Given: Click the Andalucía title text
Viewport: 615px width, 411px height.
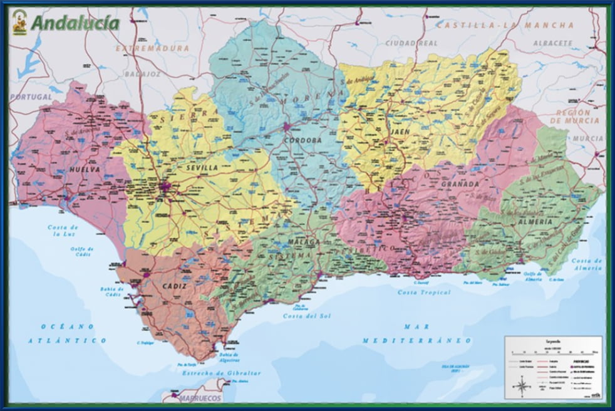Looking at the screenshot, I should tap(75, 23).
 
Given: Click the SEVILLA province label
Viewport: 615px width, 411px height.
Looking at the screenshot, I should tap(202, 168).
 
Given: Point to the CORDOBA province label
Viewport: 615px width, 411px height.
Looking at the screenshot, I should tap(302, 140).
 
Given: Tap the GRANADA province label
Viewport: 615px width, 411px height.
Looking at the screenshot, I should tap(460, 184).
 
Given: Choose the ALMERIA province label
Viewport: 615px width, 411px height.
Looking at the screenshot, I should tap(535, 222).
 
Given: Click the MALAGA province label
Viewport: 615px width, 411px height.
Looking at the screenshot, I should tap(304, 241).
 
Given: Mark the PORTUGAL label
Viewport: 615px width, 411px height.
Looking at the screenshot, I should tap(30, 97).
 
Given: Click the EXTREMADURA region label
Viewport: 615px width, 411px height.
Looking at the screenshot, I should tap(152, 48).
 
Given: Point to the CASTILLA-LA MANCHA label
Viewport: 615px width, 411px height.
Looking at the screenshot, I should tap(505, 25).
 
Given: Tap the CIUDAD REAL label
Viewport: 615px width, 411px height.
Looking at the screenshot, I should tap(411, 43).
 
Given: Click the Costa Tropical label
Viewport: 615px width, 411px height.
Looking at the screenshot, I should tap(425, 293).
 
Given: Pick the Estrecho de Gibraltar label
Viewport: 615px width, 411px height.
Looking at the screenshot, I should tap(221, 373).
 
